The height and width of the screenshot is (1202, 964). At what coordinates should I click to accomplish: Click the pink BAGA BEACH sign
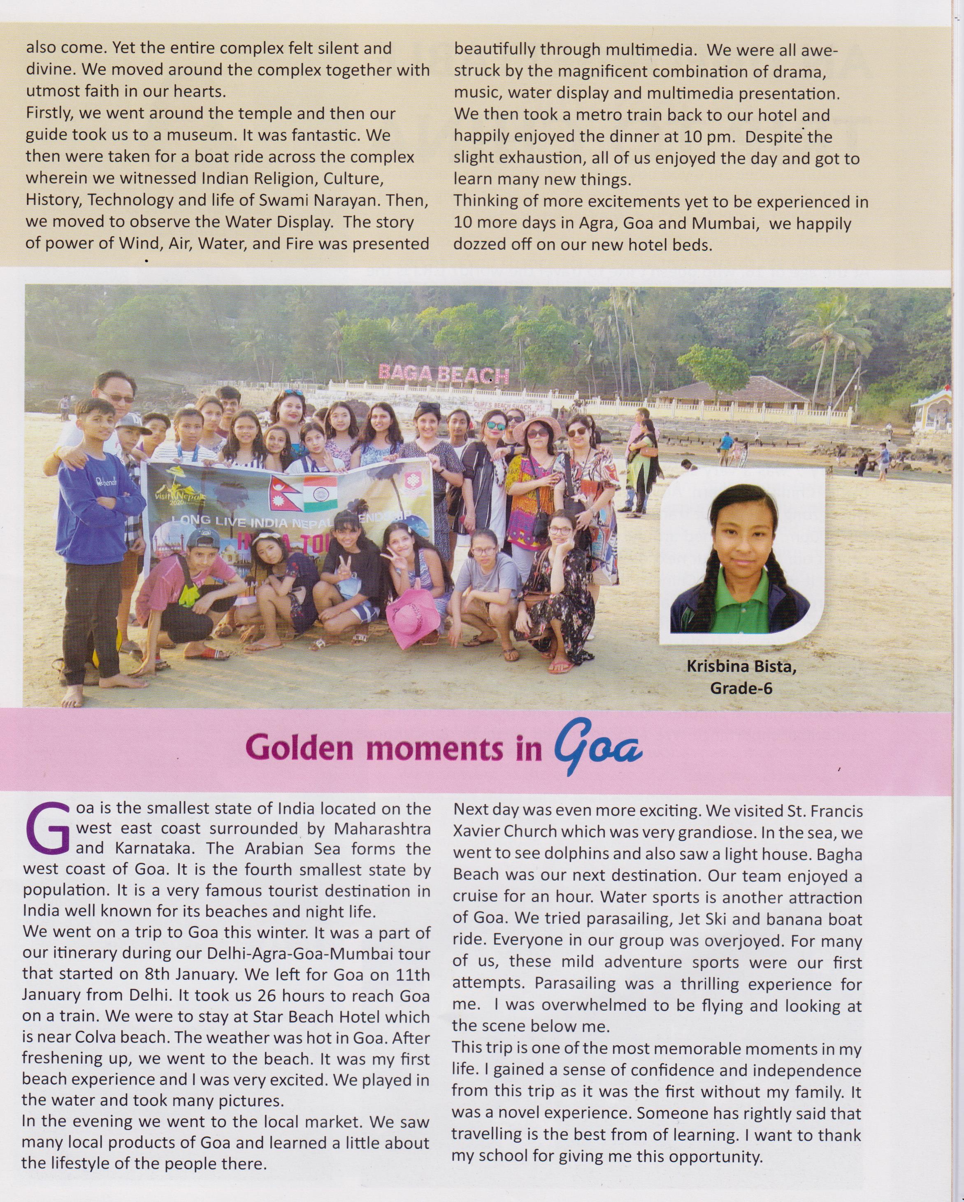[443, 374]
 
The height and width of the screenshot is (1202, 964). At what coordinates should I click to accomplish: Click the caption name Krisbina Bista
[741, 667]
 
